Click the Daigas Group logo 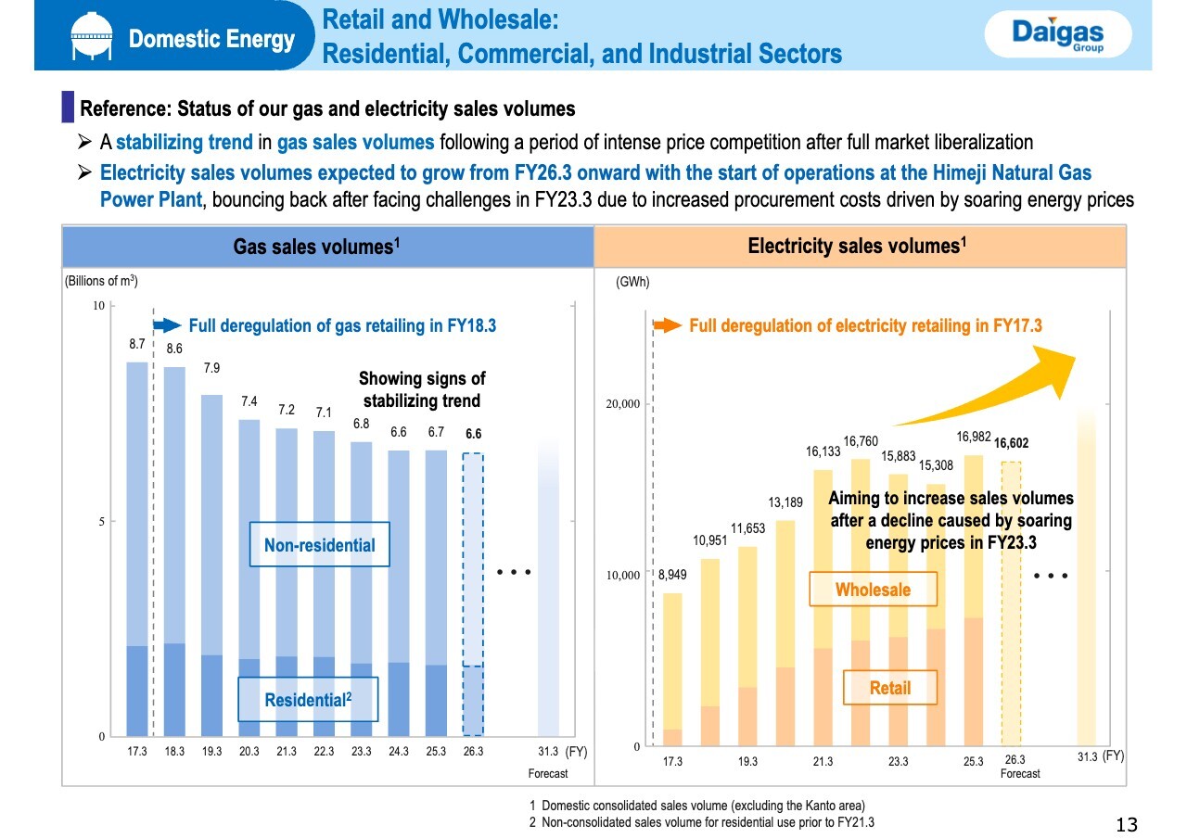tap(1057, 36)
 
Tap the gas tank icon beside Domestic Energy tap(90, 37)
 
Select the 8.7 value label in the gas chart tap(136, 344)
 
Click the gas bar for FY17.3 tap(137, 547)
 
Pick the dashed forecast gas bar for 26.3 tap(473, 593)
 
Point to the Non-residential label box tap(320, 545)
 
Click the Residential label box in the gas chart tap(307, 700)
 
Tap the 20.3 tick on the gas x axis tap(249, 752)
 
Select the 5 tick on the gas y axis tap(102, 521)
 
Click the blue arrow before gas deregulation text tap(167, 325)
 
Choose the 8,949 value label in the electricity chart tap(672, 576)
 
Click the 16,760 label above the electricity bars tap(861, 441)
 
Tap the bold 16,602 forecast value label tap(1011, 443)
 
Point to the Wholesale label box tap(873, 590)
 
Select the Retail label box tap(890, 688)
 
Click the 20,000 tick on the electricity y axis tap(623, 404)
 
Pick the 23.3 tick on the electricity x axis tap(898, 762)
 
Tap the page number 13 tap(1127, 824)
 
